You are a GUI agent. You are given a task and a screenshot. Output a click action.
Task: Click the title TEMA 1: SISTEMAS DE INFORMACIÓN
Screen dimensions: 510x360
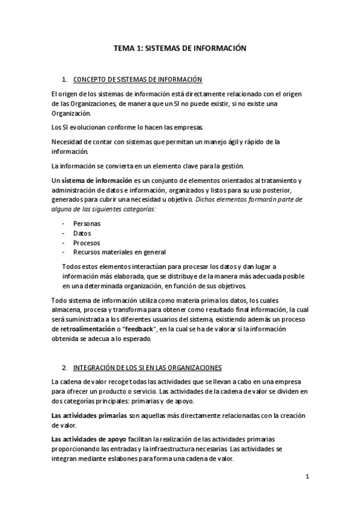[180, 50]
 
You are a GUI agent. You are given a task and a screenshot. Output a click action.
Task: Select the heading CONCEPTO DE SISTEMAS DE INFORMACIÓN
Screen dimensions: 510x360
[137, 79]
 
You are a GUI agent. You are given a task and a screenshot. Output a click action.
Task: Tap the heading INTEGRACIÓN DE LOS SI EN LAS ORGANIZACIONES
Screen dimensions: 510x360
[147, 367]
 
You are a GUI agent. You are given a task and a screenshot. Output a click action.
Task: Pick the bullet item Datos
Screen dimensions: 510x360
[82, 233]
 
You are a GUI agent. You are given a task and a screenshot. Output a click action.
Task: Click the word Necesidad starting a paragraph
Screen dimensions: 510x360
[68, 142]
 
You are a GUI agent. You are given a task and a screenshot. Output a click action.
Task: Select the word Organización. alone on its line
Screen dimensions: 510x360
[72, 113]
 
